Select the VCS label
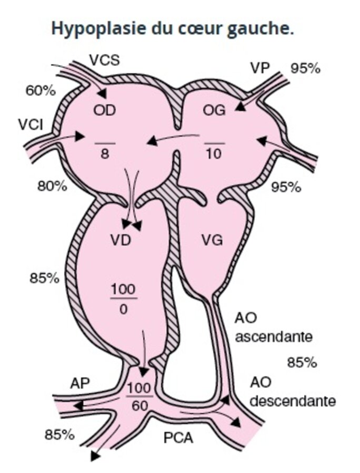point(104,60)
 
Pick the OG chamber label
point(214,110)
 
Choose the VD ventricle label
point(121,240)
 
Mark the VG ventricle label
point(212,240)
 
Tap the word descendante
point(292,401)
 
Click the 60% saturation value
point(41,90)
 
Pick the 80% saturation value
point(52,186)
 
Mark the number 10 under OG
point(214,154)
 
